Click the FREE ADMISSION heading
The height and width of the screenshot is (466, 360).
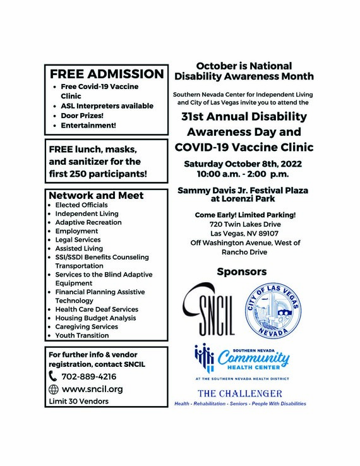(107, 73)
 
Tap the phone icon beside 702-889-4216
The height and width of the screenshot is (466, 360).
(53, 377)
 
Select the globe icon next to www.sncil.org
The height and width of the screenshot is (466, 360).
(53, 389)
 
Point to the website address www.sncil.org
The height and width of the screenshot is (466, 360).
(92, 389)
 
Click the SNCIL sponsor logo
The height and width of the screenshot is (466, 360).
(209, 310)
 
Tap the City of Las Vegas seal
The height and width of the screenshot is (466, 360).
(270, 310)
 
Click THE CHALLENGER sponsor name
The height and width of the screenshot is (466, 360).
(240, 393)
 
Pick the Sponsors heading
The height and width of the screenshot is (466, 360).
(241, 272)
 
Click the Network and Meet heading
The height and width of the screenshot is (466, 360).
(96, 195)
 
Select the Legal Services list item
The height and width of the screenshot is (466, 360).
(78, 240)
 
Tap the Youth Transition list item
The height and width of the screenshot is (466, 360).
(83, 335)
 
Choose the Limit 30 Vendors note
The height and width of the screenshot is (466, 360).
(78, 402)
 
